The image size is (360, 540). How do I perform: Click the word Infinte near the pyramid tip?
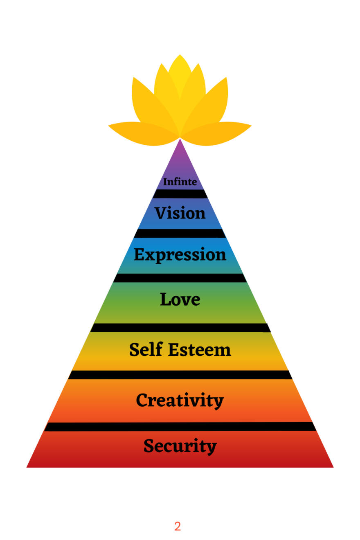pyautogui.click(x=180, y=182)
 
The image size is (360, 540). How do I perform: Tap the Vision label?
pyautogui.click(x=180, y=213)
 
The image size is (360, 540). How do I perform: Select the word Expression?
pyautogui.click(x=180, y=255)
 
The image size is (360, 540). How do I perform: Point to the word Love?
pyautogui.click(x=180, y=299)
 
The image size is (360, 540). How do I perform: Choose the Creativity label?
pyautogui.click(x=180, y=400)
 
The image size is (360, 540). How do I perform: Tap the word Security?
pyautogui.click(x=180, y=446)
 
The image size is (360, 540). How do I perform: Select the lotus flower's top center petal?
pyautogui.click(x=180, y=74)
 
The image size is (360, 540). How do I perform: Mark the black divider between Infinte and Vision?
pyautogui.click(x=180, y=194)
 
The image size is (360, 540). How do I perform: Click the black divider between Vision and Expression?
pyautogui.click(x=180, y=234)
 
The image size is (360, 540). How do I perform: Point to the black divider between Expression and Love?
pyautogui.click(x=180, y=278)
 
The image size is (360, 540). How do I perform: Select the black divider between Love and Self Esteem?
pyautogui.click(x=180, y=328)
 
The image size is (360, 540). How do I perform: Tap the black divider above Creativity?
pyautogui.click(x=180, y=375)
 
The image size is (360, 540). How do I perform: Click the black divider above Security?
pyautogui.click(x=180, y=427)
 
